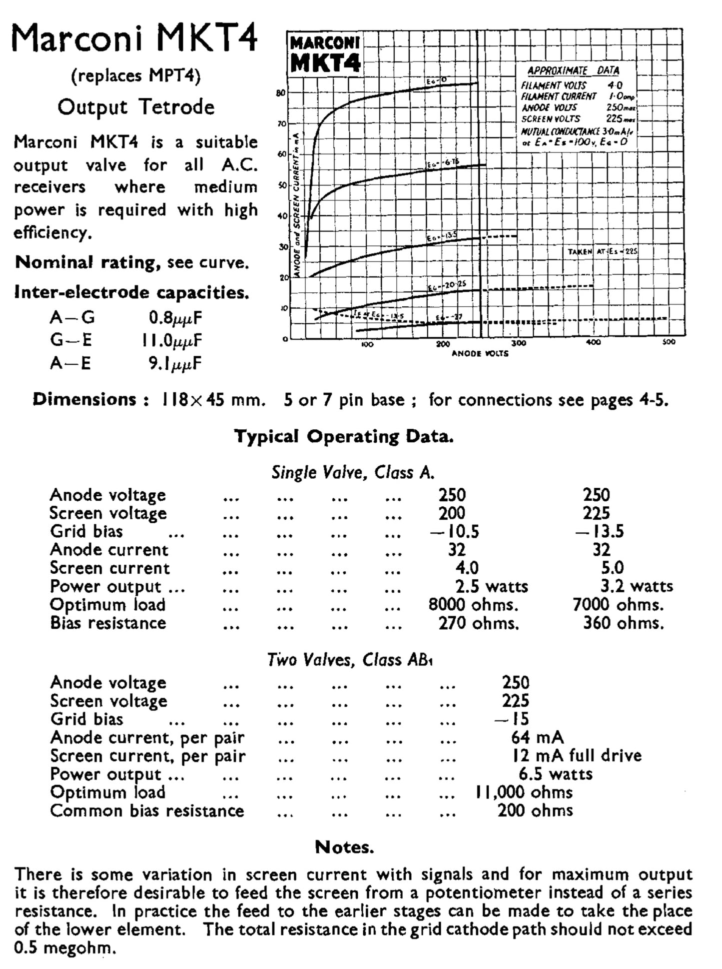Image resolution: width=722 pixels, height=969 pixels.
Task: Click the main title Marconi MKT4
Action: point(134,39)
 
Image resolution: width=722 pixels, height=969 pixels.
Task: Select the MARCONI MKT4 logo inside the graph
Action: point(325,54)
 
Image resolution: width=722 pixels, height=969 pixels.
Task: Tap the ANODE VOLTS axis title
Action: point(480,354)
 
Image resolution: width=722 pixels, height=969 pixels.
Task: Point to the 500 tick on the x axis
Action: point(669,342)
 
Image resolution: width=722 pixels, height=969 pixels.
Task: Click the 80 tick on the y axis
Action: point(281,93)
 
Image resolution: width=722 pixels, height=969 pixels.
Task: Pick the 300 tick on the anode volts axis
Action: point(519,343)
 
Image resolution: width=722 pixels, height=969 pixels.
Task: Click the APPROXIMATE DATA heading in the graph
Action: point(573,70)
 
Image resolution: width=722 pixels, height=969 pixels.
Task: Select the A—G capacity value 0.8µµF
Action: point(175,318)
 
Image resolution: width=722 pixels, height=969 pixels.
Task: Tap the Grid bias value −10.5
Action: point(454,531)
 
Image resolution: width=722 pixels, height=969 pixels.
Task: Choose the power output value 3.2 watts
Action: point(637,586)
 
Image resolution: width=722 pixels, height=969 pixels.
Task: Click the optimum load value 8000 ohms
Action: point(473,605)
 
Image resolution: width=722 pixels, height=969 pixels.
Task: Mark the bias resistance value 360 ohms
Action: point(623,623)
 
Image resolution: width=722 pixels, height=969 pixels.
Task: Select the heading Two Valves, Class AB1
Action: point(350,660)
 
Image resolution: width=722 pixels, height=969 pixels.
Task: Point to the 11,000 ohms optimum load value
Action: point(523,792)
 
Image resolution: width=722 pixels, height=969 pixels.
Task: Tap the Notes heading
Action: point(344,847)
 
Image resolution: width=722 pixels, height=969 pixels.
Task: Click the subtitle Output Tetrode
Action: point(136,107)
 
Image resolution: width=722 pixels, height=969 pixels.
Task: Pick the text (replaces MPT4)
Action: point(136,76)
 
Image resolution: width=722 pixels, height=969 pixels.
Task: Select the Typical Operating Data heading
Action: point(344,437)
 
